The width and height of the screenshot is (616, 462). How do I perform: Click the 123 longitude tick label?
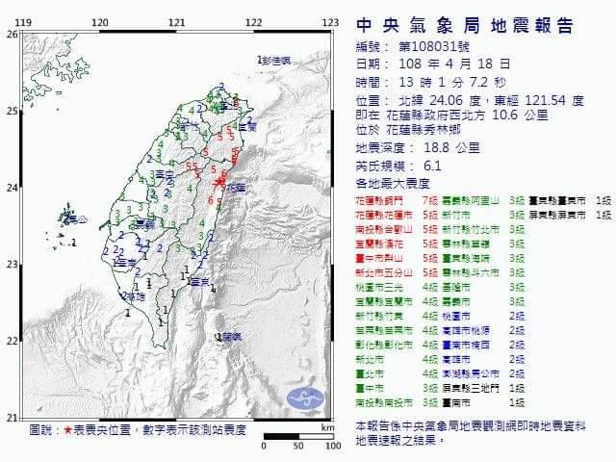[x=330, y=21]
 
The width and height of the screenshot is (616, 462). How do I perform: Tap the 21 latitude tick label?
[x=12, y=417]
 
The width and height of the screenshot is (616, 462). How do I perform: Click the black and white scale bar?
[x=298, y=436]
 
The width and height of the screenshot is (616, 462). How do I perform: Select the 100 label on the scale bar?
[x=333, y=446]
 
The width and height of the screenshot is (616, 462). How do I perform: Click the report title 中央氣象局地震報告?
[x=465, y=26]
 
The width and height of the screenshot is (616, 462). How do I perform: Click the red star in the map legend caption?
[x=66, y=429]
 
